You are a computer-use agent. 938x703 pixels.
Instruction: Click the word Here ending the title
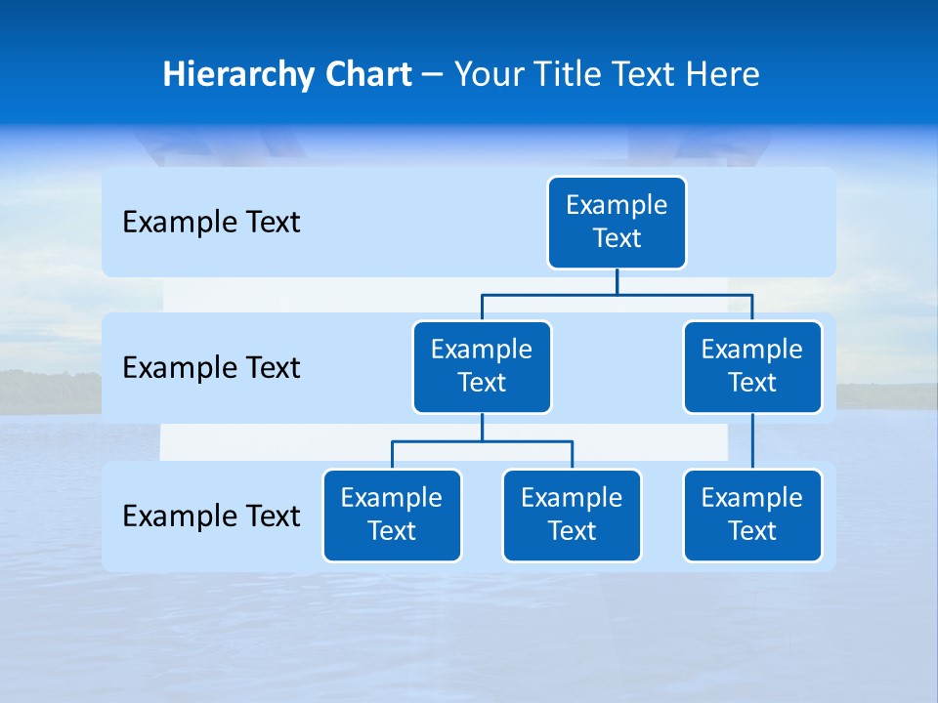point(722,75)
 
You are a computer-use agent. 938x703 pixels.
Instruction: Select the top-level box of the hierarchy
point(617,223)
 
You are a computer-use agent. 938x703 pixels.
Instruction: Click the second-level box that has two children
point(482,367)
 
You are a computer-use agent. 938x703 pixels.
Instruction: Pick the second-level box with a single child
point(752,367)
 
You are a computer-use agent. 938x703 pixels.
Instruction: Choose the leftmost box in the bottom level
point(392,516)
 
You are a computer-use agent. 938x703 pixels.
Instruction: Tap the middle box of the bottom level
point(572,516)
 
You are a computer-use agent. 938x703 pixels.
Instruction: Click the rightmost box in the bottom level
point(752,516)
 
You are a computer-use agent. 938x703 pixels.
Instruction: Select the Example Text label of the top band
point(211,223)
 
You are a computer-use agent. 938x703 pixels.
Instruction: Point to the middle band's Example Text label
point(211,368)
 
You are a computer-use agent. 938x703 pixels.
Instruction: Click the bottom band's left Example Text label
point(211,517)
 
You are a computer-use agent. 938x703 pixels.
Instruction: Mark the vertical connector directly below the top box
point(617,281)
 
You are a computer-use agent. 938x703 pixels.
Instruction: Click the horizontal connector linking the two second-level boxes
point(684,294)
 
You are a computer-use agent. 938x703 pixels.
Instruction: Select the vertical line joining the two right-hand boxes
point(752,441)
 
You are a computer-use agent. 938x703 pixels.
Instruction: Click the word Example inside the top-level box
point(617,205)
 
